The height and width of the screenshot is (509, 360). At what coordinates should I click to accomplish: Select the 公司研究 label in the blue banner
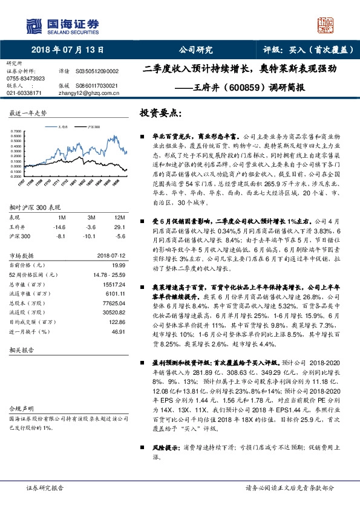point(195,50)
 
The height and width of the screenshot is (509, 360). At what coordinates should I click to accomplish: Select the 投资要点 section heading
point(160,113)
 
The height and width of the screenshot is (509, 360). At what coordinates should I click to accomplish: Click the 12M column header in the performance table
point(119,216)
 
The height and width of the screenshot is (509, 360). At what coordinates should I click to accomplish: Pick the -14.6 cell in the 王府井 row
point(60,226)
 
